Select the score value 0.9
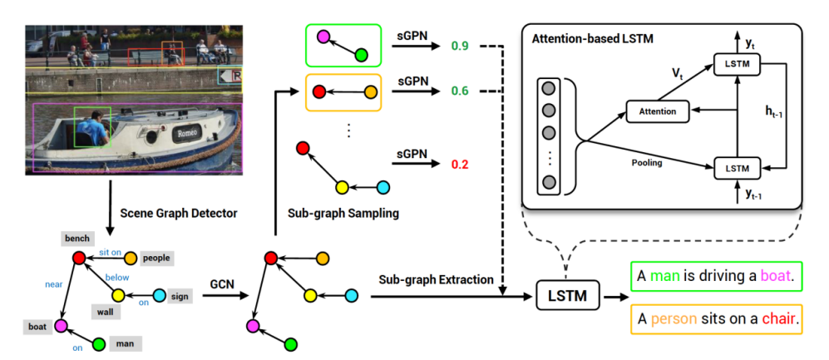pos(460,46)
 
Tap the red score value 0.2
pos(460,164)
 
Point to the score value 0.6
pos(460,91)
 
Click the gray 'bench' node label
pos(77,239)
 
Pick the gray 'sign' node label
pos(180,295)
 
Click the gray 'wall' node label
pos(106,313)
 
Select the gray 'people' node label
pos(157,258)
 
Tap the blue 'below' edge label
pos(117,277)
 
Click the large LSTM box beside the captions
pos(569,295)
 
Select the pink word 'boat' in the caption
pos(776,276)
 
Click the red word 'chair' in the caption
pos(778,319)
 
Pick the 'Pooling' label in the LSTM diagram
pos(647,163)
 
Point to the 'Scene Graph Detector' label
pos(179,214)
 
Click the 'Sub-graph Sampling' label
pos(343,214)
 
